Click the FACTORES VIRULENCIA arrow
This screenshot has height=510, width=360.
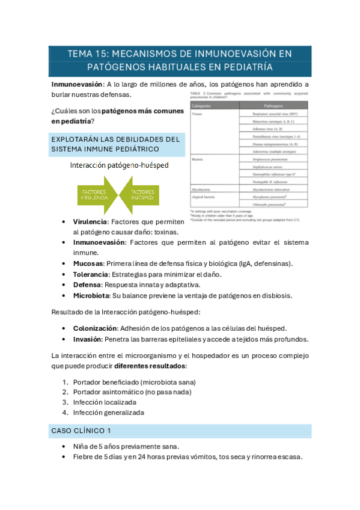pos(95,194)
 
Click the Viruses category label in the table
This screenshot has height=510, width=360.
pos(198,113)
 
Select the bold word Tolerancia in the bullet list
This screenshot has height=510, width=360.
pos(94,274)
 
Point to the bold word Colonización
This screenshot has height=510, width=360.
pos(96,328)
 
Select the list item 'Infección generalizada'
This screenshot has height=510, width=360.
pos(109,413)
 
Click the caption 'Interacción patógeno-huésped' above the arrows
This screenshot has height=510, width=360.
pos(118,165)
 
